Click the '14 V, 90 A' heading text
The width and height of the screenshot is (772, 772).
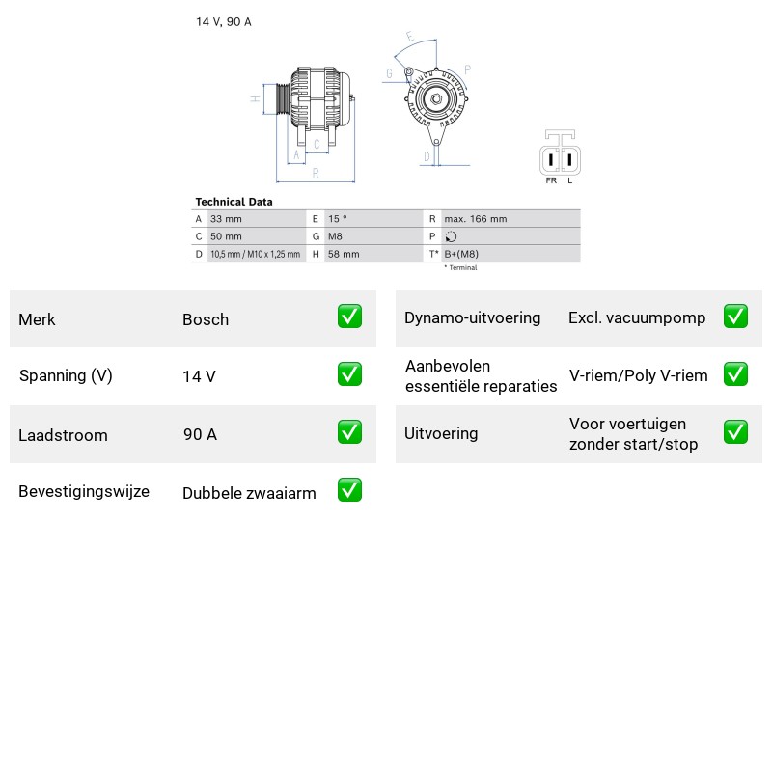pyautogui.click(x=224, y=21)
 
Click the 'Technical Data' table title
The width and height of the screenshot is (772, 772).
pyautogui.click(x=234, y=202)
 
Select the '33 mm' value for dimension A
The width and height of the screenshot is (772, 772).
pyautogui.click(x=226, y=219)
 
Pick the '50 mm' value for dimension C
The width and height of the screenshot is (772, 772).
pyautogui.click(x=226, y=236)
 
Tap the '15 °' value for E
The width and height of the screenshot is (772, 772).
pyautogui.click(x=338, y=219)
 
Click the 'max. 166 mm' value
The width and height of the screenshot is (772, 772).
pyautogui.click(x=475, y=219)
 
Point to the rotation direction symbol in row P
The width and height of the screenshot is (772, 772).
pyautogui.click(x=451, y=236)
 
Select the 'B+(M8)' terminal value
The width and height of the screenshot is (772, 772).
pyautogui.click(x=461, y=254)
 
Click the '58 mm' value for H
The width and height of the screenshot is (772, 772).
pyautogui.click(x=344, y=254)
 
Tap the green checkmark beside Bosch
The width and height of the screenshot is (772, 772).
pyautogui.click(x=349, y=317)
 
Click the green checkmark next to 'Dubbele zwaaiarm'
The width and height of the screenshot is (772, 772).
pyautogui.click(x=349, y=490)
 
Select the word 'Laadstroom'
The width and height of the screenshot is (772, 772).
pyautogui.click(x=63, y=435)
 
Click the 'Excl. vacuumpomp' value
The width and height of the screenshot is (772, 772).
pyautogui.click(x=637, y=318)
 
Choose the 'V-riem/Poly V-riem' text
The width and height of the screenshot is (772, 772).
pyautogui.click(x=639, y=375)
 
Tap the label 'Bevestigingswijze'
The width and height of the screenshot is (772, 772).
pyautogui.click(x=84, y=492)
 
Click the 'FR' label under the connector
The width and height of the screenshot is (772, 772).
pyautogui.click(x=551, y=180)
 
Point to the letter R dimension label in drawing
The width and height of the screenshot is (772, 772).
pyautogui.click(x=316, y=173)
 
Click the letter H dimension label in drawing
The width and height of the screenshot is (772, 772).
pyautogui.click(x=255, y=99)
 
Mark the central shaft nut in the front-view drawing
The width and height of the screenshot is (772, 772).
pyautogui.click(x=436, y=99)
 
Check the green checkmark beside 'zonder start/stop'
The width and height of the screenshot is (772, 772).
pyautogui.click(x=735, y=431)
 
